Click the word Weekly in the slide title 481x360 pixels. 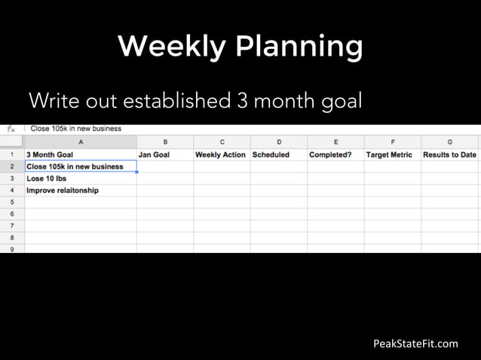pos(171,47)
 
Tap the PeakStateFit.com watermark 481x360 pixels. pos(415,344)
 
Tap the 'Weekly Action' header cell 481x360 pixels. pos(222,154)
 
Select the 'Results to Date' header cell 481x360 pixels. pos(449,154)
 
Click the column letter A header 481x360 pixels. pos(81,142)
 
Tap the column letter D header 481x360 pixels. pos(278,142)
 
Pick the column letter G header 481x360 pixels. pos(449,142)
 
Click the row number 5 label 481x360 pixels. pos(12,203)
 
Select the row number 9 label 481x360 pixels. pos(12,248)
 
